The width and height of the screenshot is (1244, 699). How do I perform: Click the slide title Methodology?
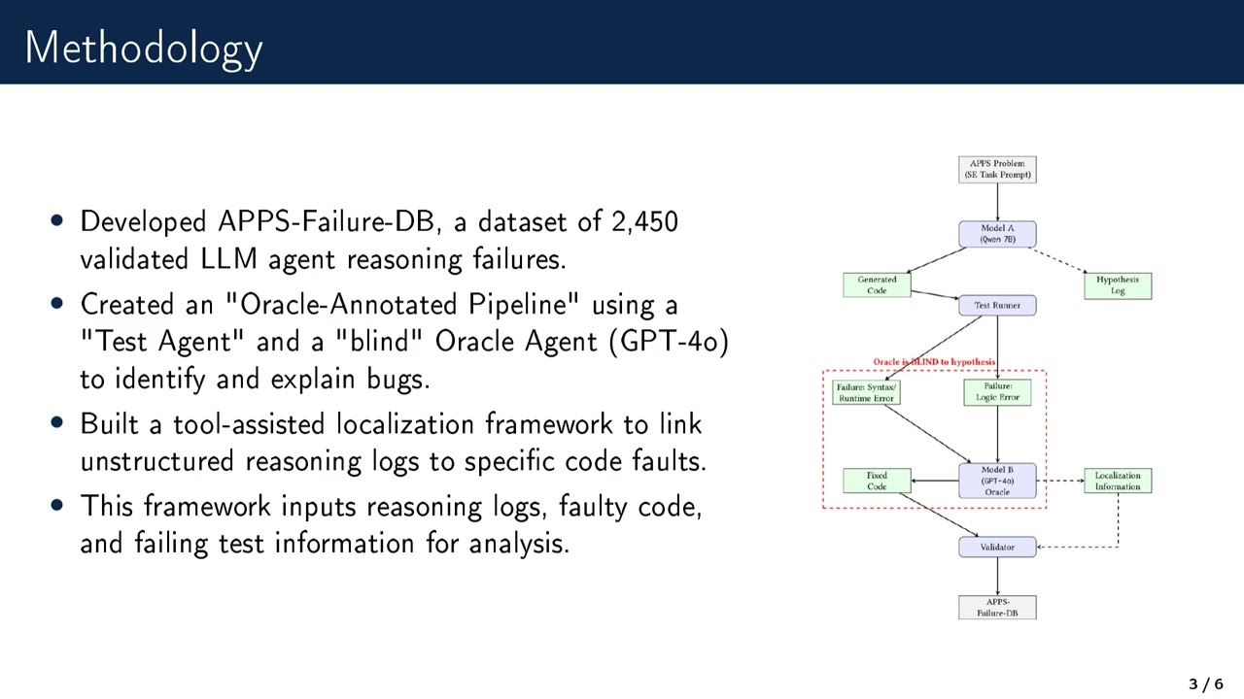pos(144,48)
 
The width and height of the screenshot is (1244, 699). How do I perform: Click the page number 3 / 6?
pos(1205,684)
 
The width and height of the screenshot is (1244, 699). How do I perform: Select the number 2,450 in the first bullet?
pos(644,221)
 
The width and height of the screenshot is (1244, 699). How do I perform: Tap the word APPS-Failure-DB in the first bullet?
pos(328,221)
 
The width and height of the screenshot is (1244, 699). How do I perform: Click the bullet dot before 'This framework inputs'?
pos(58,506)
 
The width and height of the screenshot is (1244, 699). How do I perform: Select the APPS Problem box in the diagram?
pos(997,169)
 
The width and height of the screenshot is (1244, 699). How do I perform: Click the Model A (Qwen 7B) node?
pos(997,234)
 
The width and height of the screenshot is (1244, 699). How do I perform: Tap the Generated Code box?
pos(877,284)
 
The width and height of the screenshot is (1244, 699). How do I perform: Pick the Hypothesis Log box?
pos(1118,285)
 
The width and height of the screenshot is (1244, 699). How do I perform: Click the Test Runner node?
pos(997,306)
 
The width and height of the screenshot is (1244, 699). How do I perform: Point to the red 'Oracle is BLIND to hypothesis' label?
pos(934,362)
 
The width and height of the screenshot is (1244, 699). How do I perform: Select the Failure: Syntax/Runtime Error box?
pos(865,392)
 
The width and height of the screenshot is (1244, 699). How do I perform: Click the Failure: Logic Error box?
pos(997,392)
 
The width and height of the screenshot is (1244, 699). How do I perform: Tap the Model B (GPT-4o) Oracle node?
pos(997,481)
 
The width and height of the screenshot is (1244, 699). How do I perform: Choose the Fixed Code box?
pos(877,481)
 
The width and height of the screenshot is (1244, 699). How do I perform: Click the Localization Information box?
pos(1118,481)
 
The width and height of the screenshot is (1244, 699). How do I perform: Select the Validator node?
pos(997,548)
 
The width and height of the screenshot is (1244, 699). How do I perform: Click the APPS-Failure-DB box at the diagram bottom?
pos(997,608)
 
